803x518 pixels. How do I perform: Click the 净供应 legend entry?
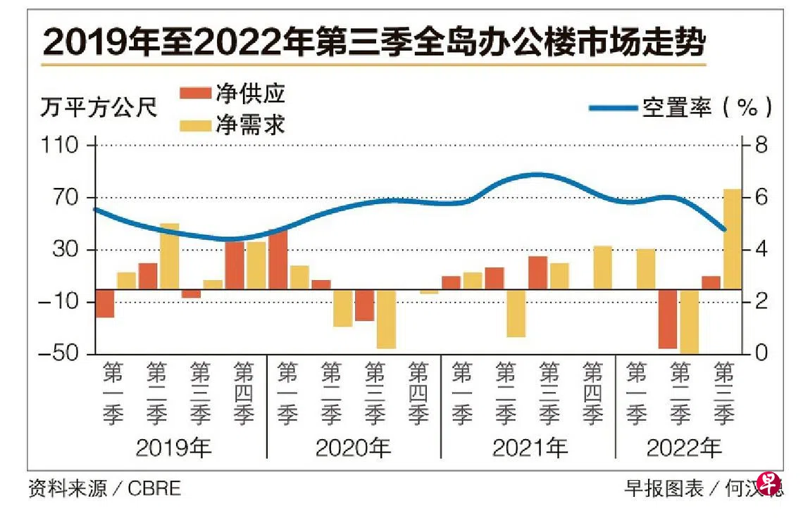click(x=232, y=94)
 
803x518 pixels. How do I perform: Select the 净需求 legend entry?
click(x=232, y=125)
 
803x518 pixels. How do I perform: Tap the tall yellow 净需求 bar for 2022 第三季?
click(x=732, y=239)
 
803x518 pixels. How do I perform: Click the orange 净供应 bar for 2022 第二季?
click(x=667, y=319)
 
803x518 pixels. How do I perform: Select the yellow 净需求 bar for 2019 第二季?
click(x=169, y=256)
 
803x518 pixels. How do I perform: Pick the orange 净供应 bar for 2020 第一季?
click(x=278, y=259)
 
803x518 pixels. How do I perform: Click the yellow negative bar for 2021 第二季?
click(x=516, y=313)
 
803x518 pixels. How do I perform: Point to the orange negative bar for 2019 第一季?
click(x=105, y=303)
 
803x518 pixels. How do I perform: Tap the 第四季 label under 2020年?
click(x=418, y=394)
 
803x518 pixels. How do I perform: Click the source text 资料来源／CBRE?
click(x=105, y=488)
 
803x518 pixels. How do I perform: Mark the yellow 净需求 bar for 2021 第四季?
click(x=603, y=267)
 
